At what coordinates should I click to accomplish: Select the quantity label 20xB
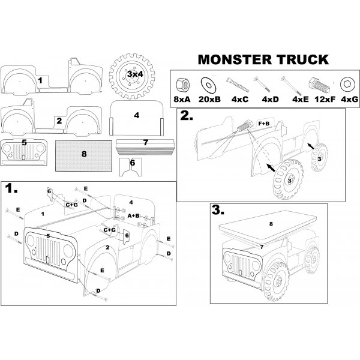tap(209, 98)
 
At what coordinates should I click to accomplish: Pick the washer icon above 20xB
tap(209, 81)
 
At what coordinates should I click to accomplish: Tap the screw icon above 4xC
tap(235, 82)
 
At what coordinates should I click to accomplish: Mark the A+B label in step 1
tap(134, 214)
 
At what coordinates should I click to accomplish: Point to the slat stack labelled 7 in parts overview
tap(146, 146)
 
